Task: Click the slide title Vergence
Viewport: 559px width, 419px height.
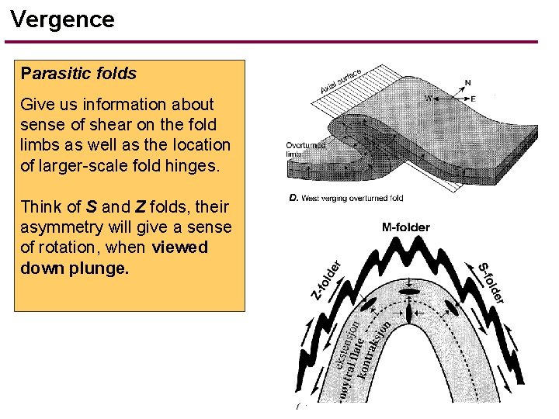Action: [x=63, y=19]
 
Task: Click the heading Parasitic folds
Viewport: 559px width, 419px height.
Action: [x=79, y=74]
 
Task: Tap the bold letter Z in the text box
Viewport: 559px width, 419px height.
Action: [x=140, y=207]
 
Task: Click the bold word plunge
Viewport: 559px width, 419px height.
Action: [x=99, y=268]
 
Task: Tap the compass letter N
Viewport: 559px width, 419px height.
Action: [x=467, y=82]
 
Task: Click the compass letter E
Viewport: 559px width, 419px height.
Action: [x=472, y=99]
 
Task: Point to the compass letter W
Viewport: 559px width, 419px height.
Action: [x=428, y=99]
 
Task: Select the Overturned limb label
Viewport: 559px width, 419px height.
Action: [x=305, y=149]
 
